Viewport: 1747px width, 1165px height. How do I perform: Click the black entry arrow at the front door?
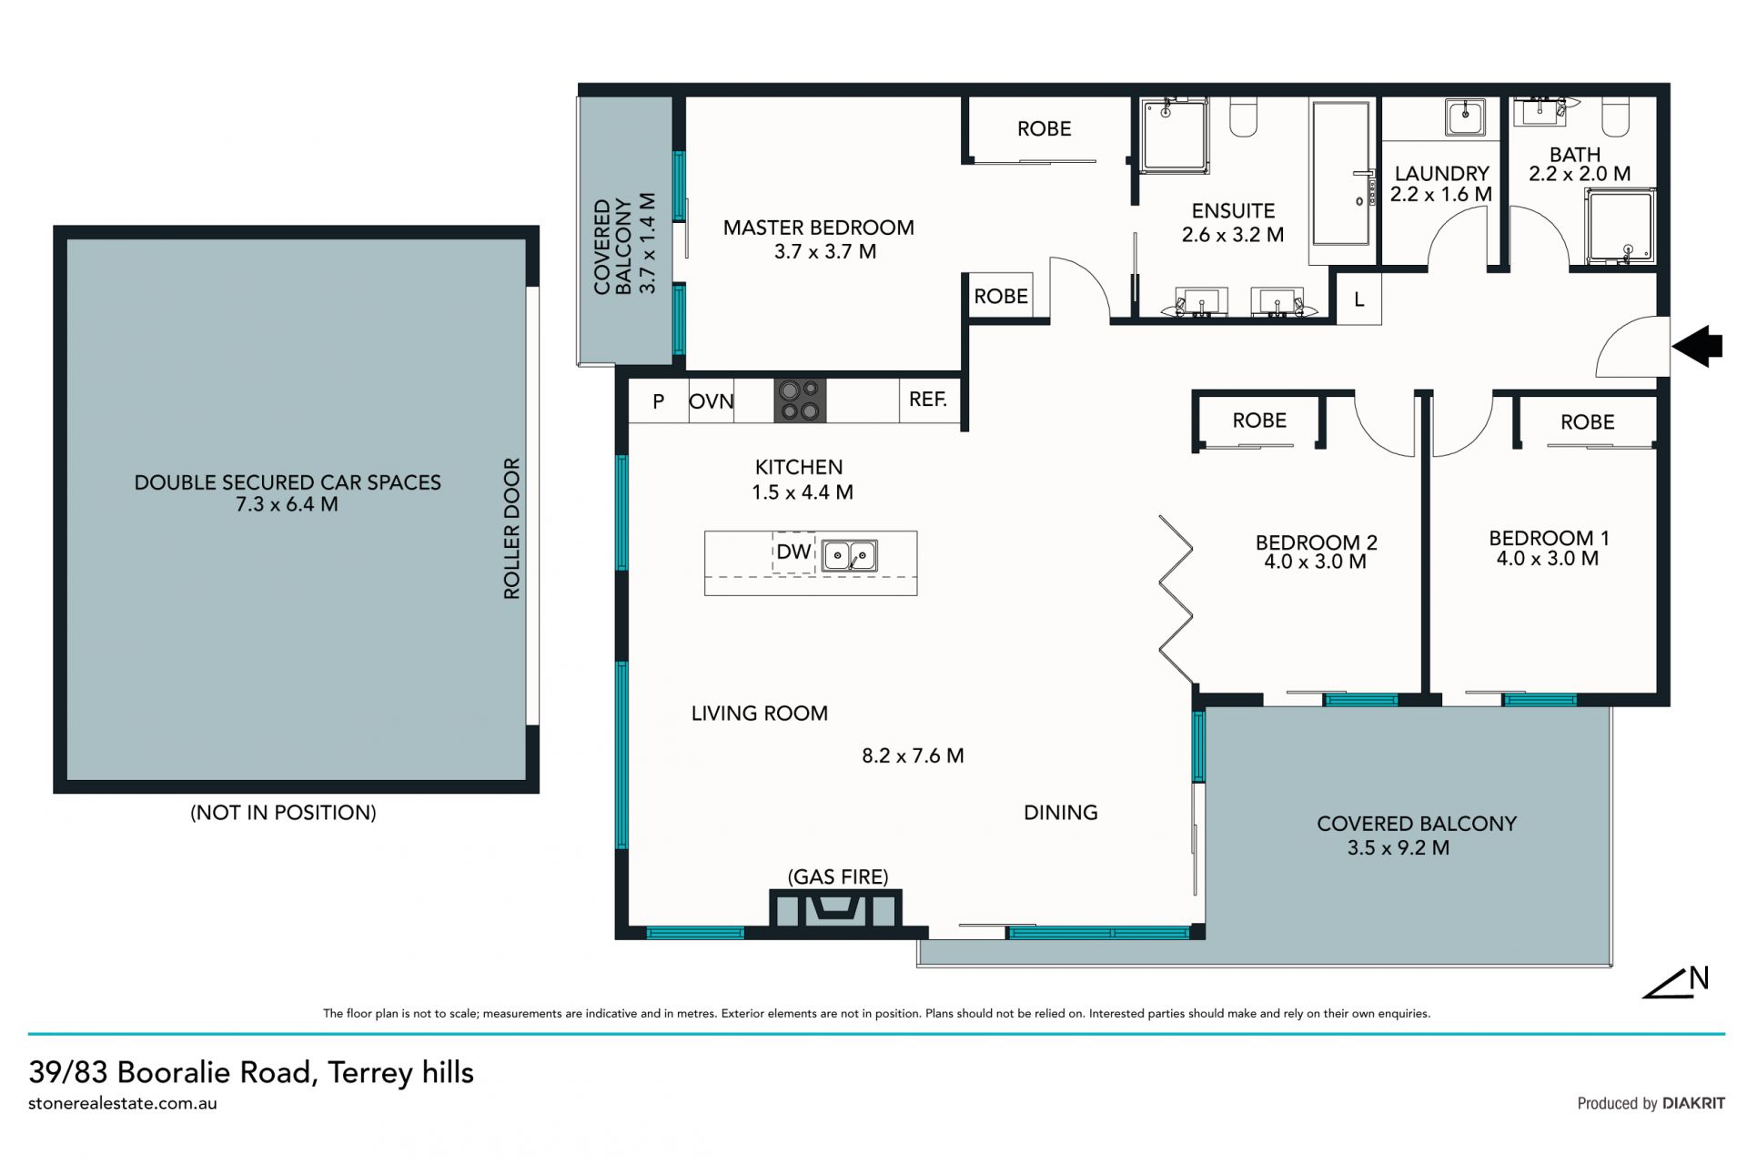[1698, 346]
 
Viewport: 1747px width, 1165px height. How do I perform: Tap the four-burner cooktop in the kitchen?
[800, 400]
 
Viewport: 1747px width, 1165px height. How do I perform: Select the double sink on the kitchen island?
[850, 555]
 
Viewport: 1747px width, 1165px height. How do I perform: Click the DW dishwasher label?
[793, 552]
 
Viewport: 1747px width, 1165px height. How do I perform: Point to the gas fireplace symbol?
[835, 908]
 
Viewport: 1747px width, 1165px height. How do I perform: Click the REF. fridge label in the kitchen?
[928, 400]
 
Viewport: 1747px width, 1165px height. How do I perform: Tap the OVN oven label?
[712, 401]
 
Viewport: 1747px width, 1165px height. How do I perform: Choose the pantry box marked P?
[658, 400]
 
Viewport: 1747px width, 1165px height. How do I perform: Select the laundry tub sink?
[1466, 117]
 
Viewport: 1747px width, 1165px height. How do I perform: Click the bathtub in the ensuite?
[1340, 173]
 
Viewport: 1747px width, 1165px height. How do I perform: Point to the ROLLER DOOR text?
[511, 528]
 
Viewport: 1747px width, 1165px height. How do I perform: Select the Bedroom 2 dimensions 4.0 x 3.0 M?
[1315, 562]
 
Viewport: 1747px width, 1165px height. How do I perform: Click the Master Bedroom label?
[819, 228]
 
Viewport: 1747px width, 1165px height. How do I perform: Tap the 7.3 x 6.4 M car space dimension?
[287, 504]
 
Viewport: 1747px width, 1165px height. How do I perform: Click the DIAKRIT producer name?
[1693, 1103]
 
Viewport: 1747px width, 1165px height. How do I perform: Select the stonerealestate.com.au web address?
[123, 1103]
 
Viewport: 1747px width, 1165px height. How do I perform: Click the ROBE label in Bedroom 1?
[1588, 422]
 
